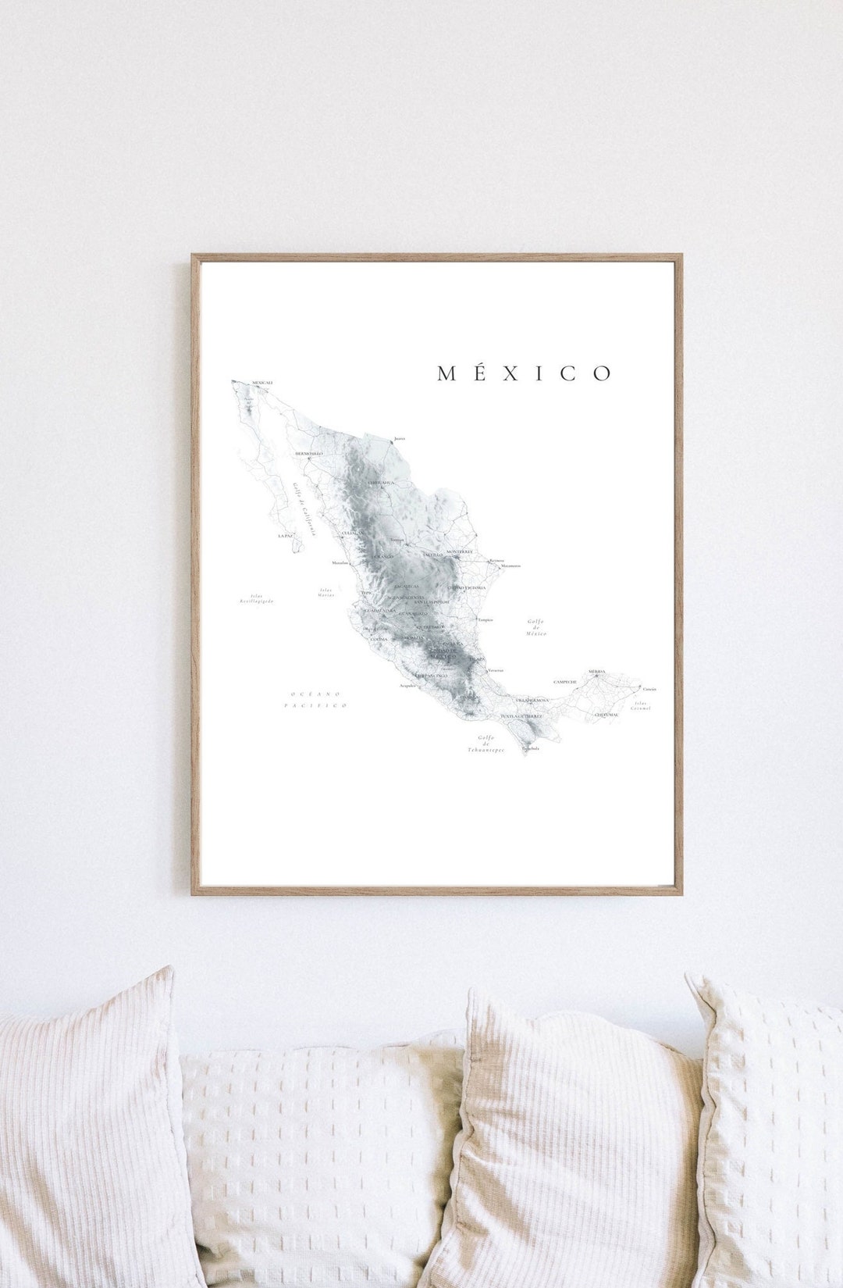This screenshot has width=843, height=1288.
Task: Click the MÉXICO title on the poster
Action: [525, 373]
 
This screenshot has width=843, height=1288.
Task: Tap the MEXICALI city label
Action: [263, 383]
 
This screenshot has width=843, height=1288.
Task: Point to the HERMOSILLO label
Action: [309, 453]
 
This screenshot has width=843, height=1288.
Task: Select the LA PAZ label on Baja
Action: [285, 537]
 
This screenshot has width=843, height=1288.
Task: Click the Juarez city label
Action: [400, 439]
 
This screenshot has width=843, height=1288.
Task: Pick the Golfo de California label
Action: [304, 508]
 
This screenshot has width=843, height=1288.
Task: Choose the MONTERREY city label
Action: [461, 551]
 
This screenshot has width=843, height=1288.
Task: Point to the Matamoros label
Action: [510, 566]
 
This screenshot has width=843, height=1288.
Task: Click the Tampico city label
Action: [486, 619]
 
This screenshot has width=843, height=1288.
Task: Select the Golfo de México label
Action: [535, 626]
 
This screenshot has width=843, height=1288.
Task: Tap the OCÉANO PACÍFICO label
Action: [315, 699]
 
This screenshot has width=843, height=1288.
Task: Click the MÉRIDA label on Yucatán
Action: [597, 671]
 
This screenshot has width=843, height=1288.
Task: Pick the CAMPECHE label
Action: [564, 682]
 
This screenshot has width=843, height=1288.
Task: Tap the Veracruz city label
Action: [496, 669]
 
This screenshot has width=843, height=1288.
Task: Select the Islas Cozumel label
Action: [642, 705]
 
